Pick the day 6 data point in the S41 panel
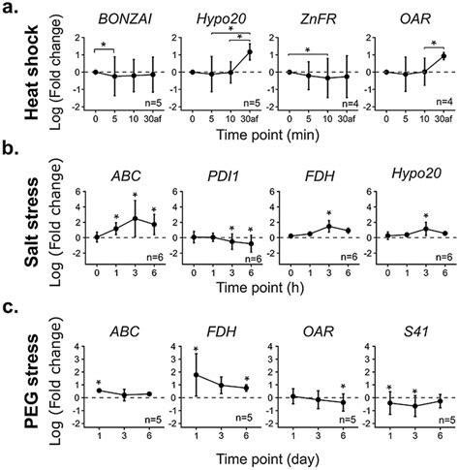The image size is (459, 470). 441,399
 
